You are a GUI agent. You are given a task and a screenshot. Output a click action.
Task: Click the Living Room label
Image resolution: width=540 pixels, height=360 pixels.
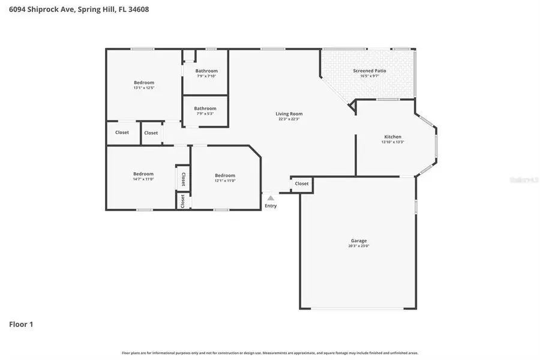(x=289, y=113)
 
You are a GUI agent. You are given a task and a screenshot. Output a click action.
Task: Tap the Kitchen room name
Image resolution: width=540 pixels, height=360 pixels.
(x=392, y=137)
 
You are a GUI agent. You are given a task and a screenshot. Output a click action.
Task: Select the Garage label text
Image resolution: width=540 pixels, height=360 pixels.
(x=359, y=241)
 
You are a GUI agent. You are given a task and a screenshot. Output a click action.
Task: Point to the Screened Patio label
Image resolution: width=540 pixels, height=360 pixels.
(x=369, y=71)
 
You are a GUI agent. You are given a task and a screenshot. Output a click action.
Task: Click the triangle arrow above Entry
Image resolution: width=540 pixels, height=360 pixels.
(x=271, y=198)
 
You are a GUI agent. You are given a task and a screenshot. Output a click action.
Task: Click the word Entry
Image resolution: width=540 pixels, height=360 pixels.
(x=271, y=206)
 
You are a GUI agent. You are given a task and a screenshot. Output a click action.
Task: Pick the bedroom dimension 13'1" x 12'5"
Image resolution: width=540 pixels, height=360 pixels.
(x=144, y=88)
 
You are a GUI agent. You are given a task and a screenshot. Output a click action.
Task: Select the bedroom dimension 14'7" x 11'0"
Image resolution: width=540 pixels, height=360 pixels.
(x=143, y=179)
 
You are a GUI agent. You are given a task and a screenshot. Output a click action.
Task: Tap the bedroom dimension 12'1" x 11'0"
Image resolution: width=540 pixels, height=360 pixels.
(x=225, y=180)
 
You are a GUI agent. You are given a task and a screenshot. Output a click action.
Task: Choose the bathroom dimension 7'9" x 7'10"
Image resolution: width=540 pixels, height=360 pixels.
(x=206, y=76)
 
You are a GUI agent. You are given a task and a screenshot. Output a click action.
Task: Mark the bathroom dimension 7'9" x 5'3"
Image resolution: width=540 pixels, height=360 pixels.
(x=205, y=113)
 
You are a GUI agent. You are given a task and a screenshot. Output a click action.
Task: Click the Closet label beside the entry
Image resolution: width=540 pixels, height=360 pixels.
(x=301, y=184)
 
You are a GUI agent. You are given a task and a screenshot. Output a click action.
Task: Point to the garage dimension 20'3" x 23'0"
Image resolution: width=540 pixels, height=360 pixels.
(x=359, y=246)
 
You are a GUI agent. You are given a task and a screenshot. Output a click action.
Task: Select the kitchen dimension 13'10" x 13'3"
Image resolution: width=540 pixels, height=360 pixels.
(x=392, y=142)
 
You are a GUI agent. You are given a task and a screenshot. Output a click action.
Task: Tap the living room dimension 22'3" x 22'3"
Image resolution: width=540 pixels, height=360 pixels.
(x=289, y=119)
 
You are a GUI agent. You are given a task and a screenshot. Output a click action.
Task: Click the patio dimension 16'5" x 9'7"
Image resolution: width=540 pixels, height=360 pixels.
(x=369, y=76)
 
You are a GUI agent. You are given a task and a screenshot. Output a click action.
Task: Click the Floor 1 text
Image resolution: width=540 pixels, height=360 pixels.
(x=21, y=325)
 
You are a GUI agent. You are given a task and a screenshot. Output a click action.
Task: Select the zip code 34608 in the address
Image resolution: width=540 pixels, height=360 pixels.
(x=138, y=9)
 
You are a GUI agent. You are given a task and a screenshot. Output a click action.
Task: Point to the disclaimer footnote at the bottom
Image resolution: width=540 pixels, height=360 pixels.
(x=270, y=353)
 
